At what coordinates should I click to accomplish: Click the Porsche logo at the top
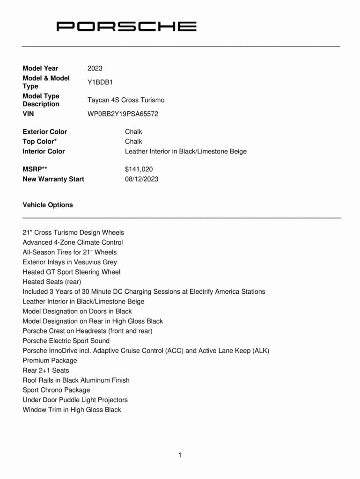[126, 26]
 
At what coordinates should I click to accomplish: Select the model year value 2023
[95, 68]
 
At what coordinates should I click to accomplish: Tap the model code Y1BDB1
[100, 82]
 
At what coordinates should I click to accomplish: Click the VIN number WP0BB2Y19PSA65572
[126, 114]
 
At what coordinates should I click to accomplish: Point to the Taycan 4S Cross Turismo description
[126, 100]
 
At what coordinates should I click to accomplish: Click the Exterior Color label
[45, 132]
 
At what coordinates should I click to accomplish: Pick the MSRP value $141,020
[139, 169]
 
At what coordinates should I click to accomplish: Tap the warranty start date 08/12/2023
[141, 179]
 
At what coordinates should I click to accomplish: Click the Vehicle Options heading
[48, 205]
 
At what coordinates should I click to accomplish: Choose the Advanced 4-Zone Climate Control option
[73, 242]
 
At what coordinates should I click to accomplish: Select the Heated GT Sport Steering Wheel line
[71, 272]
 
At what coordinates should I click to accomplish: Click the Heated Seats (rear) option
[52, 282]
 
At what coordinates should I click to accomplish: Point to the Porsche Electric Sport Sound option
[66, 341]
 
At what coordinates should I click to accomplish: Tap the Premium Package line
[50, 361]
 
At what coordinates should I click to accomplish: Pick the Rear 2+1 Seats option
[46, 370]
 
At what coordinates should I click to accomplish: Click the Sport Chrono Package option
[56, 390]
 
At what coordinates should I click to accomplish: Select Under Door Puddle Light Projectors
[75, 400]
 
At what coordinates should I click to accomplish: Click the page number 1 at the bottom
[180, 455]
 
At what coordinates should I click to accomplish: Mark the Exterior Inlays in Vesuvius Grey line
[70, 262]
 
